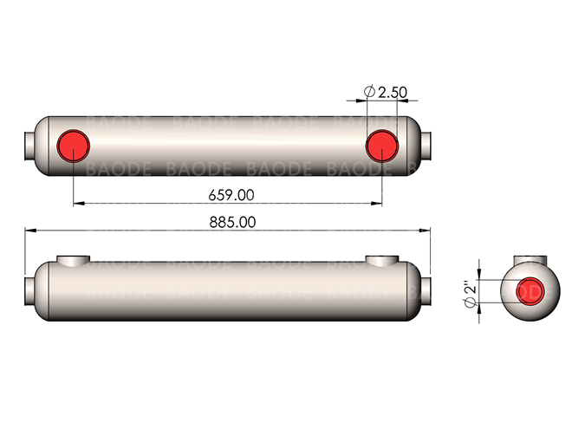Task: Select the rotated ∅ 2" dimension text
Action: pos(468,292)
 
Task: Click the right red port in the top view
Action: pos(381,145)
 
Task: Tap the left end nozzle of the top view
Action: pos(29,145)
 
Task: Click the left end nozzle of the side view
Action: pos(29,287)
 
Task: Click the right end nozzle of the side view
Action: pos(426,287)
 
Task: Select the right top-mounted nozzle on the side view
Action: pos(381,261)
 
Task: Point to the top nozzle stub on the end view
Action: pos(528,262)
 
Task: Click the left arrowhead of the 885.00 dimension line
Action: pos(28,231)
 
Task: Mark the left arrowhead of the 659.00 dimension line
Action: pos(76,204)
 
